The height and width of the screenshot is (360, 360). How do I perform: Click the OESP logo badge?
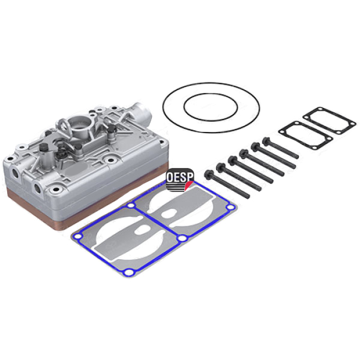tap(180, 178)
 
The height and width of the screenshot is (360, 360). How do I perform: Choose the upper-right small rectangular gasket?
tap(329, 121)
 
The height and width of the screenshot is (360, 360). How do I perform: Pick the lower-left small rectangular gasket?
tap(305, 136)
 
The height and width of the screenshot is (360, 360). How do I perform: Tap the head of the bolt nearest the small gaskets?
tap(266, 142)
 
